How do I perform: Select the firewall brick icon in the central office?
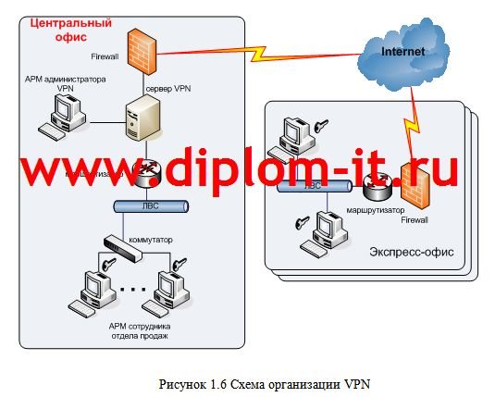coord(142,50)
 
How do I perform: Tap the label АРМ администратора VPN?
coord(65,82)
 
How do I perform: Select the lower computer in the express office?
coord(328,229)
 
